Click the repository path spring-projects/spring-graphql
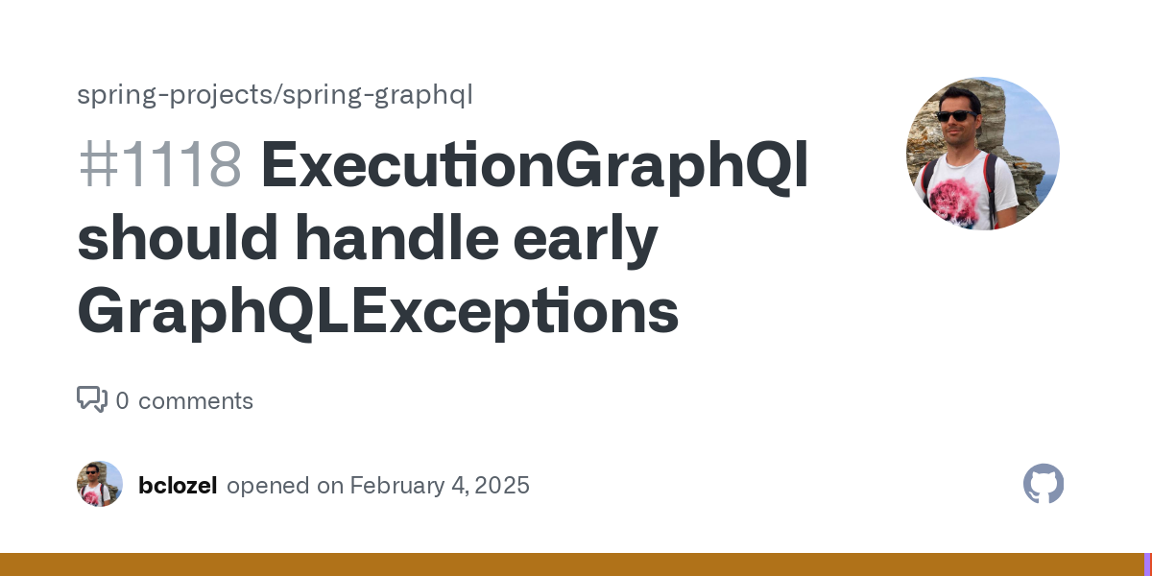(275, 95)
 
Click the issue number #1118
(160, 164)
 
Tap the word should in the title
(178, 237)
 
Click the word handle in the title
(397, 237)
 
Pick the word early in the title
(586, 241)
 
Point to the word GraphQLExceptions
(378, 312)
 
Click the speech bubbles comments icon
(92, 399)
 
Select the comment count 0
(123, 400)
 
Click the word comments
(196, 401)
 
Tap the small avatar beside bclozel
(100, 484)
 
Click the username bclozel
(178, 485)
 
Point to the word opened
(268, 486)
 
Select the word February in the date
(397, 486)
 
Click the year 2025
(502, 486)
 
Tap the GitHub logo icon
(1044, 484)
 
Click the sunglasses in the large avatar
(956, 116)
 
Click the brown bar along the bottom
(572, 564)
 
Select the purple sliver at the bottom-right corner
(1148, 564)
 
